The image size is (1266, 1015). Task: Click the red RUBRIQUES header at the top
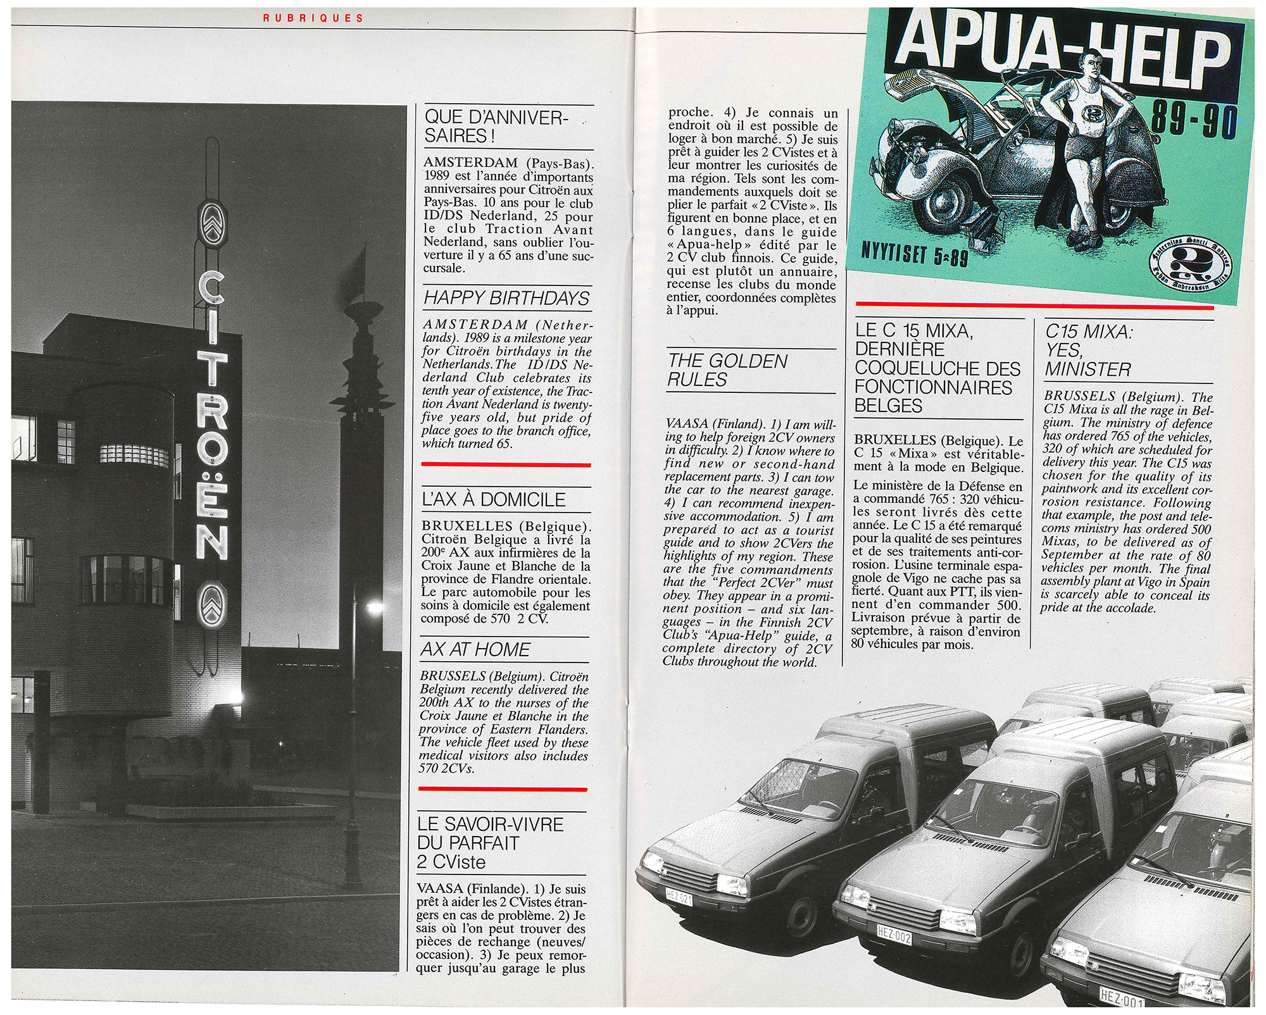click(x=313, y=18)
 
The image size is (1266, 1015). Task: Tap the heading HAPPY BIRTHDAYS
click(x=506, y=297)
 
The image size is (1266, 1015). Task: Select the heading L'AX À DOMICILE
click(x=494, y=499)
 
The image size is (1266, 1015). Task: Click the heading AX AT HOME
click(x=475, y=649)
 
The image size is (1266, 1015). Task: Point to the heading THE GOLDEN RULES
click(x=727, y=370)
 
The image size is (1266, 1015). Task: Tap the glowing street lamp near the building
click(x=375, y=609)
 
